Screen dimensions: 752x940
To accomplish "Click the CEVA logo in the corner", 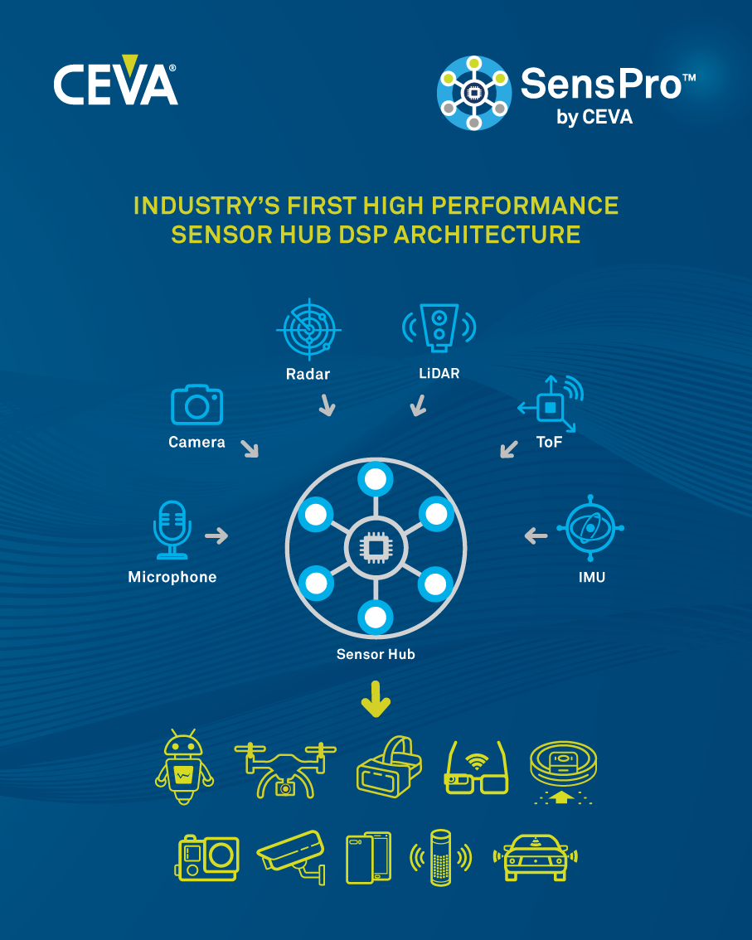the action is pos(115,80).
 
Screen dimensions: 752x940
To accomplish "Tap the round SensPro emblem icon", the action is pos(473,93).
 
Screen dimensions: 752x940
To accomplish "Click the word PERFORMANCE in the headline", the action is pos(525,206).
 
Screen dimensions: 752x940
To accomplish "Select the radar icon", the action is pos(308,329).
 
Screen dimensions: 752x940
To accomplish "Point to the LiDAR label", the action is pos(439,374).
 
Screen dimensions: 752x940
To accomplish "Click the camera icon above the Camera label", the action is pos(196,405).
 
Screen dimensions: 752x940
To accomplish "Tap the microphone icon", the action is pos(172,530).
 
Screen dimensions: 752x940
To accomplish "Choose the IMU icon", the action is pos(590,528).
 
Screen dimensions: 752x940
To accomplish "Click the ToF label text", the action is pos(550,443).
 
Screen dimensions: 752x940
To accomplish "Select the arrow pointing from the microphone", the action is pos(216,535).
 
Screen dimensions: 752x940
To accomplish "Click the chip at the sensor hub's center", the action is pos(376,547).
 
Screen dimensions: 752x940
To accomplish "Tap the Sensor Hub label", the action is pos(376,654).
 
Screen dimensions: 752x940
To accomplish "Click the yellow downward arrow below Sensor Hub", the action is pos(376,699).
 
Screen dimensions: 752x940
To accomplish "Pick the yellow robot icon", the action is pos(184,767).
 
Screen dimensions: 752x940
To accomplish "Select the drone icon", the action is pos(285,770).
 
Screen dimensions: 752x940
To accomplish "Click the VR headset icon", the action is pos(389,767).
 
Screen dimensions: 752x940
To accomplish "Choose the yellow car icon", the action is pos(535,857).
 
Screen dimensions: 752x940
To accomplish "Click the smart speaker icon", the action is pos(441,857).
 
